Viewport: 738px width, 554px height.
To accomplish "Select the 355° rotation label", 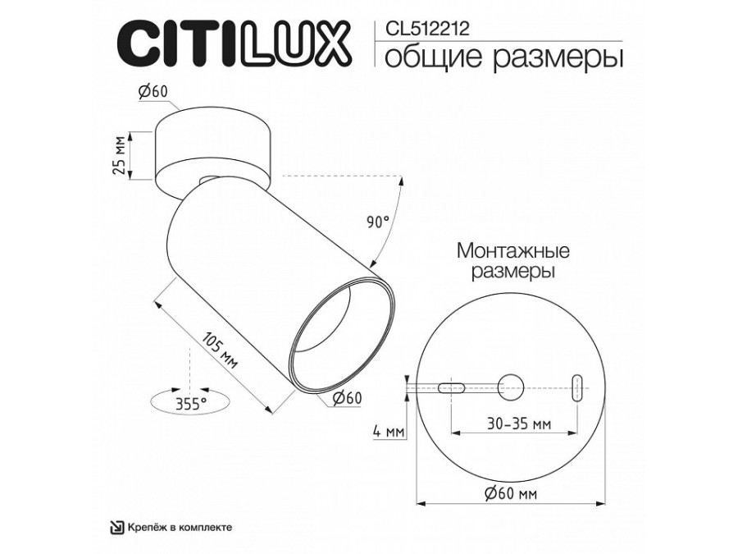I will (191, 402).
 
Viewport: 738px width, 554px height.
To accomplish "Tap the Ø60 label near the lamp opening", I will (347, 399).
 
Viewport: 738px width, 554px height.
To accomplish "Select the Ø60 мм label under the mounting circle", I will (511, 493).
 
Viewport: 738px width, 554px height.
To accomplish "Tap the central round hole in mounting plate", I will (512, 385).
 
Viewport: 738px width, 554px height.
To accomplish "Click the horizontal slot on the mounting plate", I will (452, 386).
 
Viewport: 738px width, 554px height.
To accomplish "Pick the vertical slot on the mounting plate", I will (577, 385).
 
